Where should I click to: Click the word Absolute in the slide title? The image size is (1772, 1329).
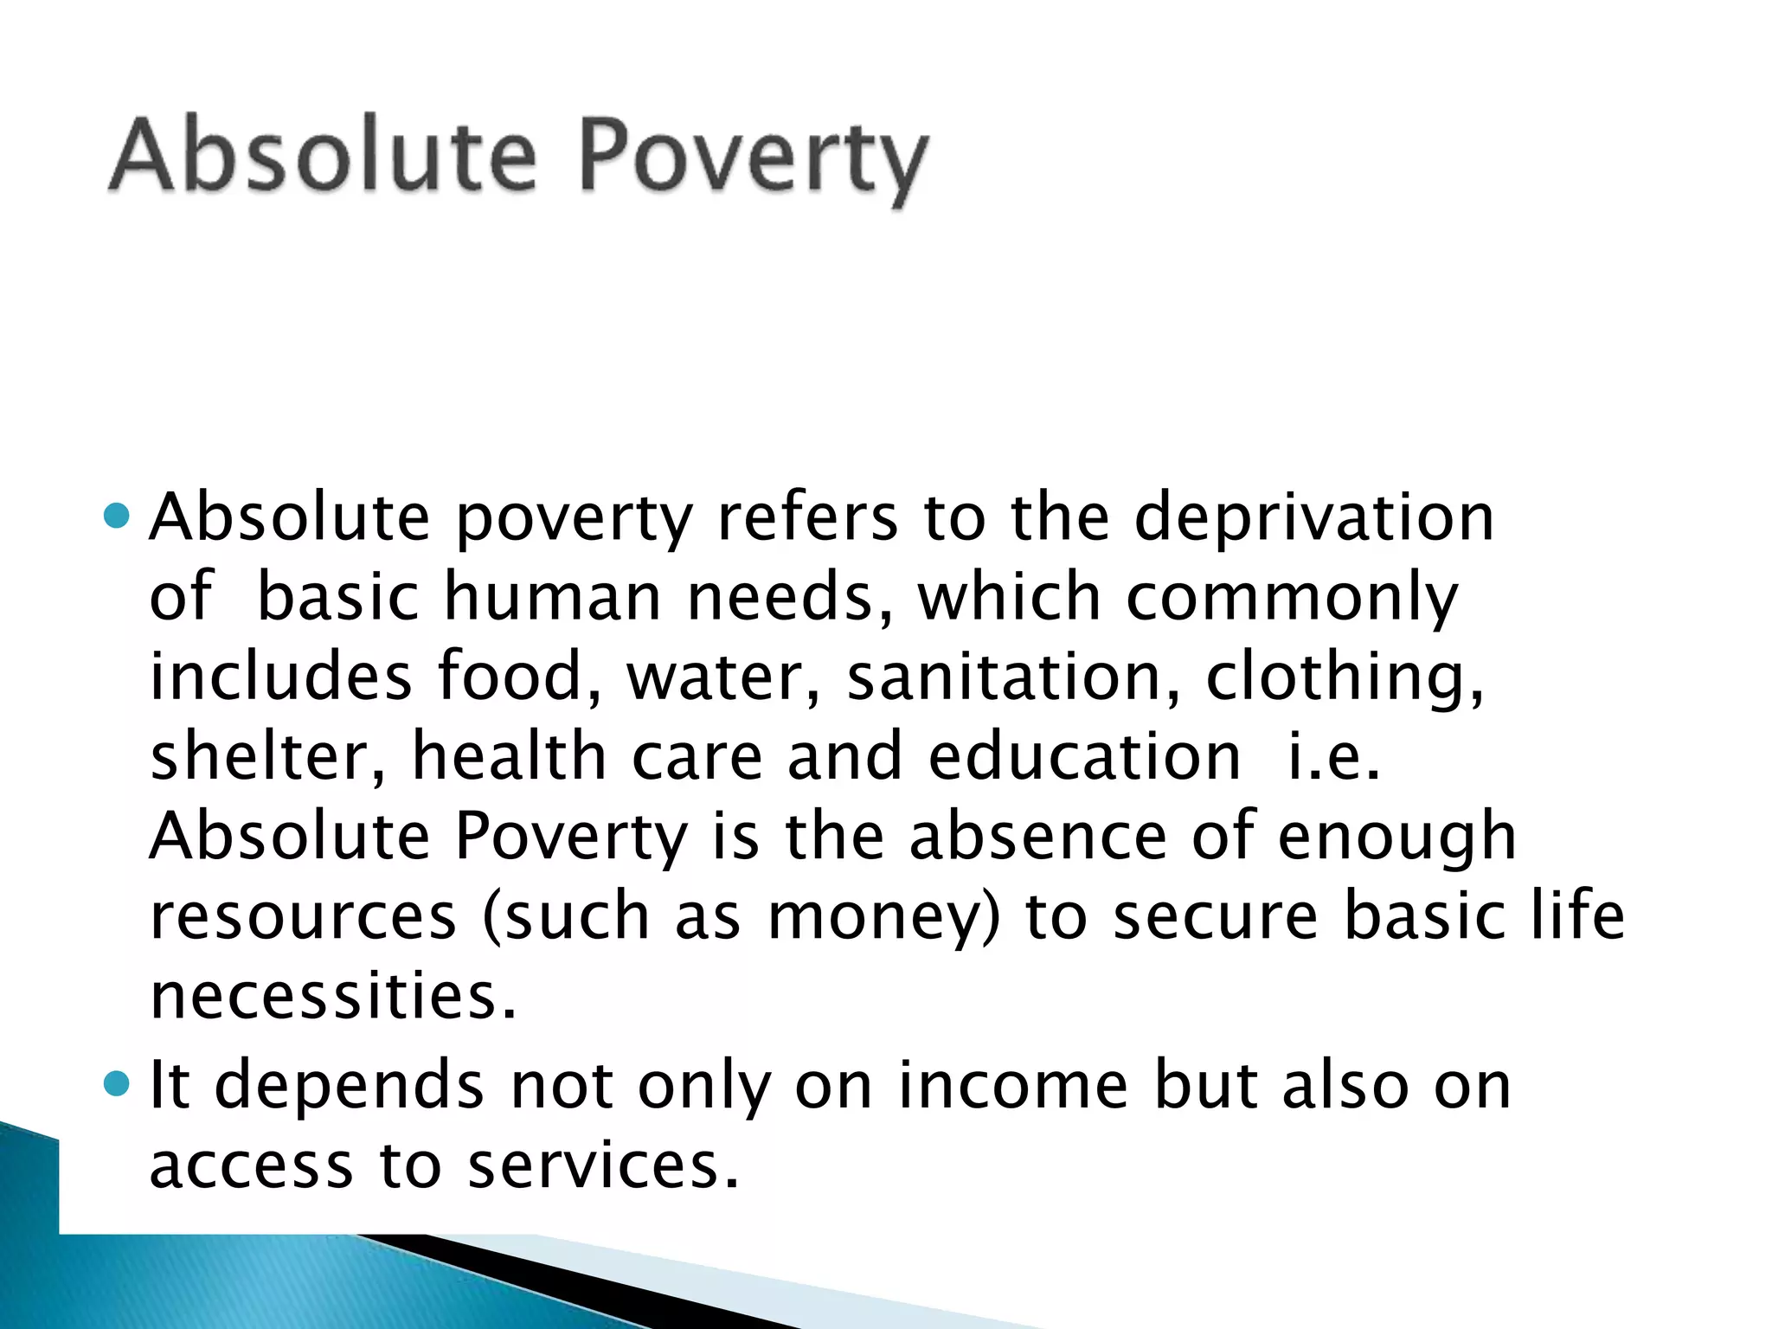click(323, 157)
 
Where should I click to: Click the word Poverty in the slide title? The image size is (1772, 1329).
click(753, 161)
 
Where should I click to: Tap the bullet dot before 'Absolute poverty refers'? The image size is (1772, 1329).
click(116, 517)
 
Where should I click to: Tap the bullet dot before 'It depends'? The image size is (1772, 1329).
click(116, 1083)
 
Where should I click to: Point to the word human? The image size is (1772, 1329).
click(552, 598)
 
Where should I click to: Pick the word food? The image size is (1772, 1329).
click(517, 677)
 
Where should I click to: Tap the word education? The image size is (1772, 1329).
click(1085, 757)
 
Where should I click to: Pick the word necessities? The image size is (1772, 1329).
click(333, 997)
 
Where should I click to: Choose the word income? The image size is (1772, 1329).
click(1012, 1086)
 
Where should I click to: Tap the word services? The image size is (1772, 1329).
click(603, 1165)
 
